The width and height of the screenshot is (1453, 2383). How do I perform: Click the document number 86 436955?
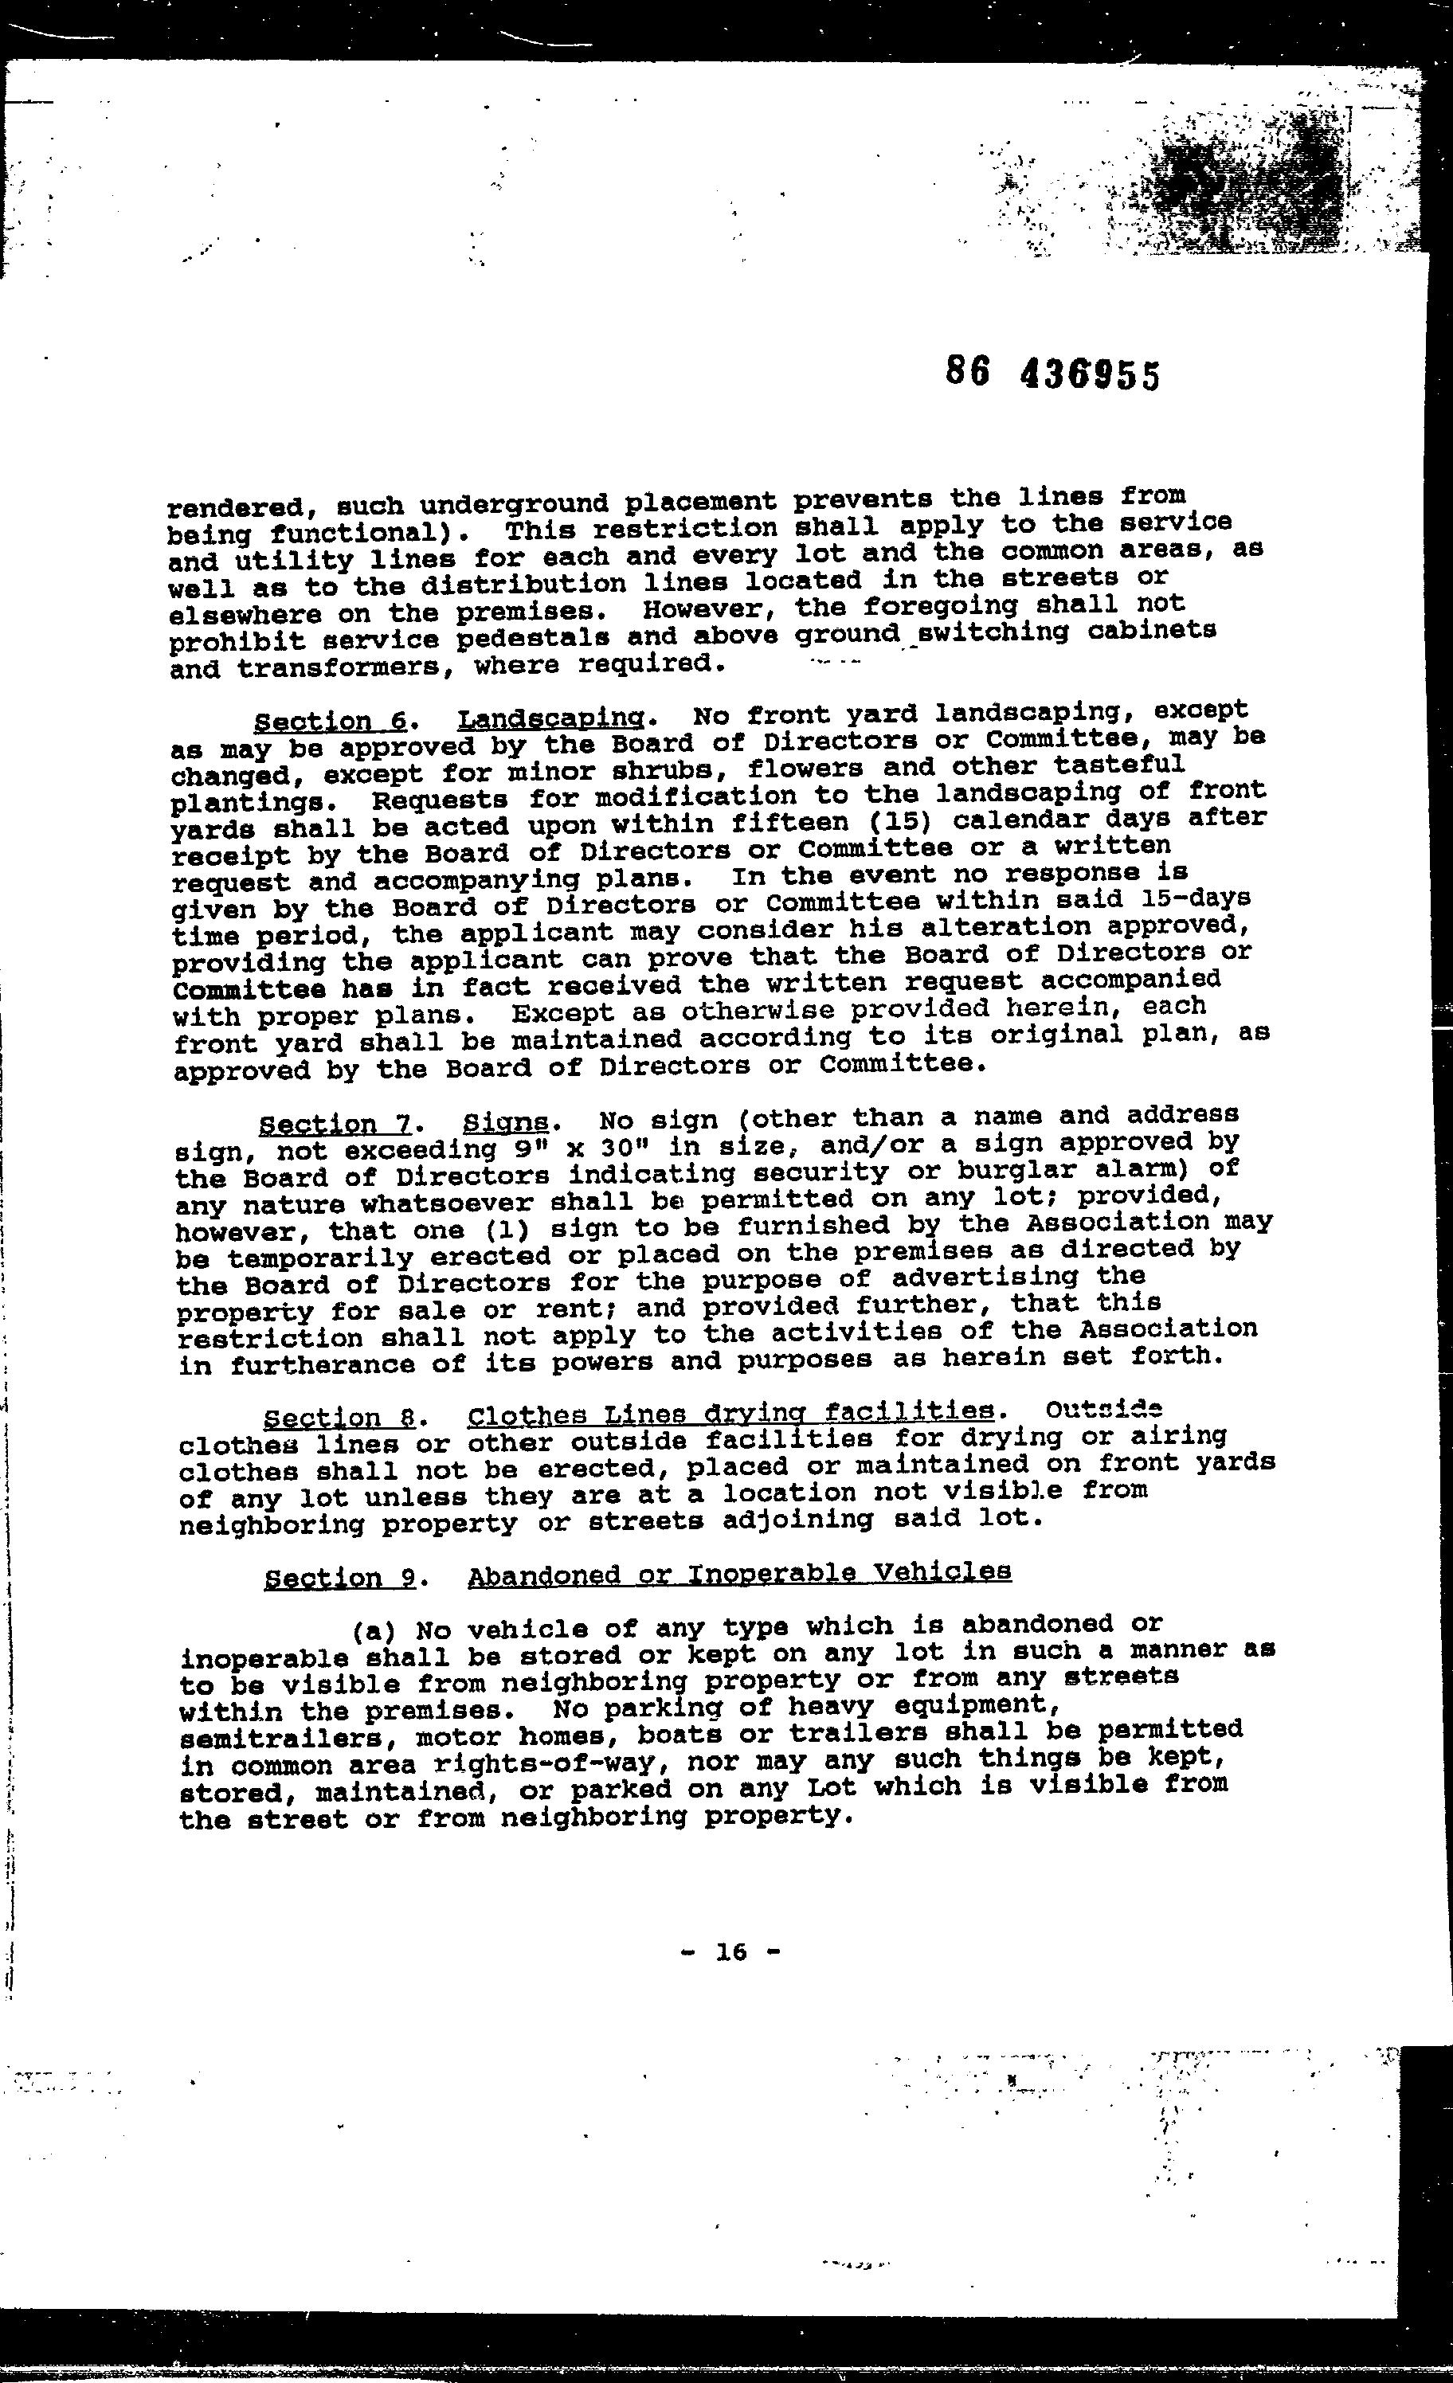tap(1052, 374)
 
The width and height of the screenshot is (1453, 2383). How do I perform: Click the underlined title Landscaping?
tap(550, 718)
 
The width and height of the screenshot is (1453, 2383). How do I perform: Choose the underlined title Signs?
tap(506, 1123)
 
